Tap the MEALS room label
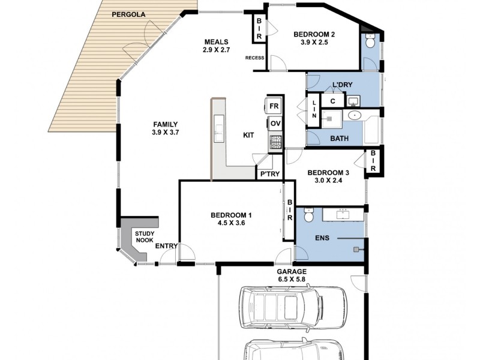click(215, 41)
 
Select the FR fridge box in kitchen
click(275, 106)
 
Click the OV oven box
click(275, 124)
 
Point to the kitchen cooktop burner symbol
click(275, 142)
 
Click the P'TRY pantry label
click(267, 175)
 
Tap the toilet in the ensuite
click(309, 215)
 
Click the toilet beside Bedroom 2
click(370, 44)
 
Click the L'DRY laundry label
click(343, 86)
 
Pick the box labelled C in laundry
click(332, 101)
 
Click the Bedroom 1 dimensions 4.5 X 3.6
click(231, 223)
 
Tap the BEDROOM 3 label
click(328, 173)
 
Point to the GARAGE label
click(292, 272)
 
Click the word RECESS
click(254, 58)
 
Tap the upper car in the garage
click(292, 307)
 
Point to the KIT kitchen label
click(248, 136)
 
